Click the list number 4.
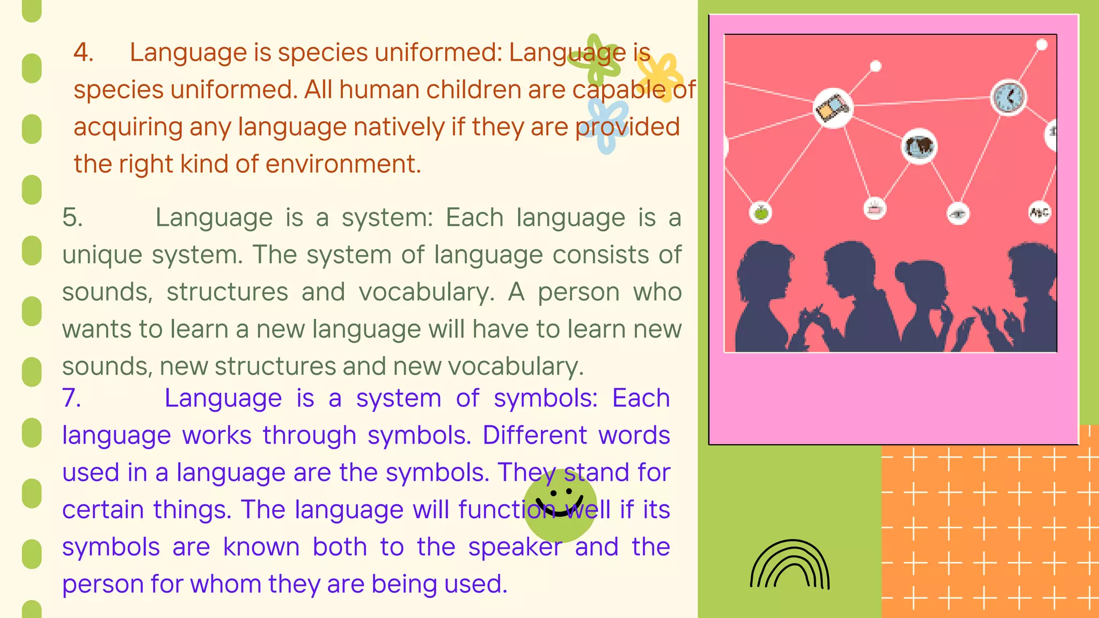pos(83,53)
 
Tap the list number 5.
pos(72,218)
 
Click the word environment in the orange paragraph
pos(343,164)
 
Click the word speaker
pos(515,547)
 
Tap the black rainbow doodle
pos(790,565)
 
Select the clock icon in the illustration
pos(1008,98)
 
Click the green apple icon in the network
pos(760,212)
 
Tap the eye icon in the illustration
pos(958,214)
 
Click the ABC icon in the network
pos(1039,212)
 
